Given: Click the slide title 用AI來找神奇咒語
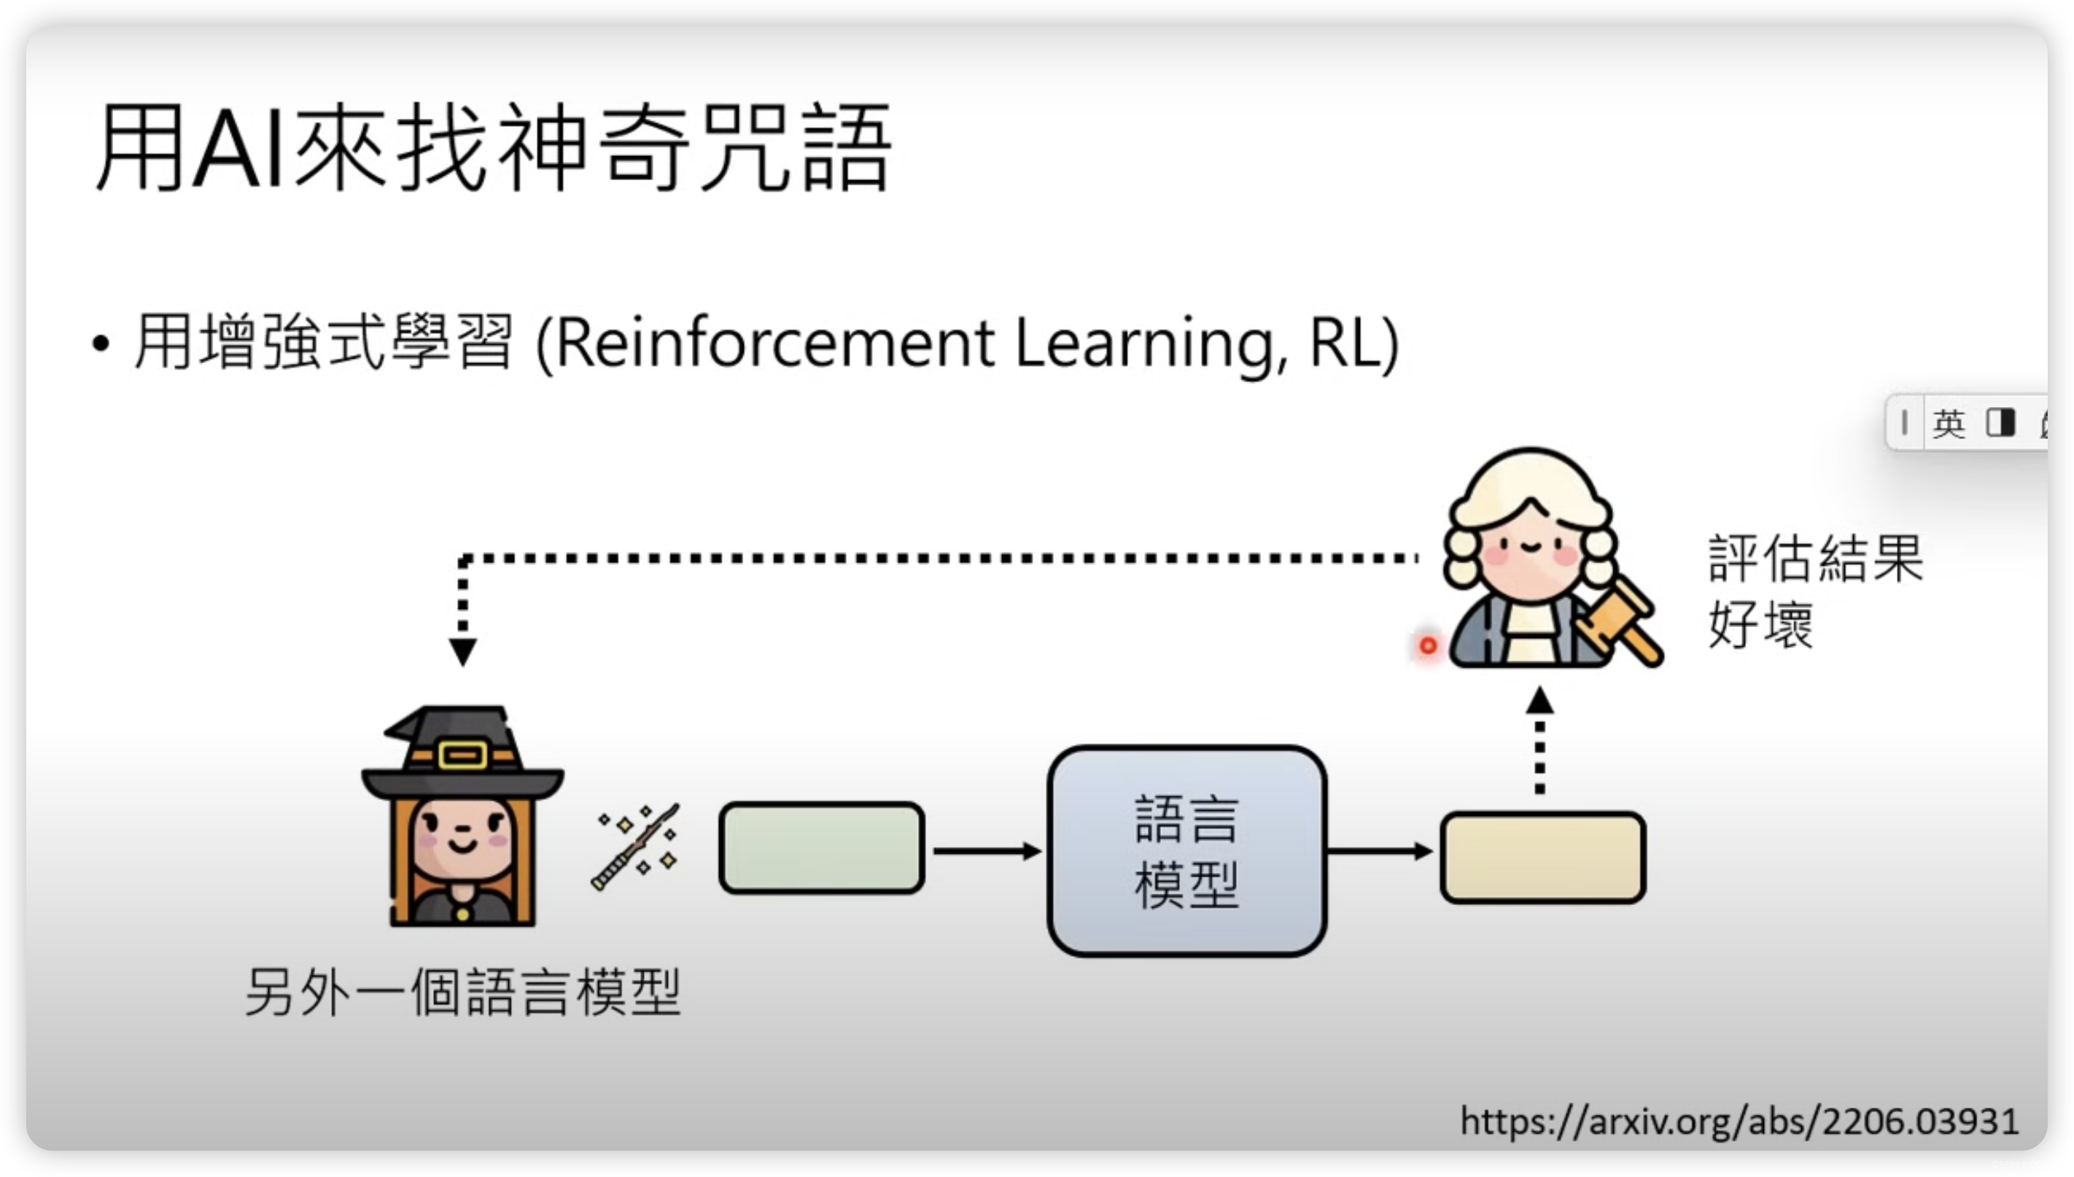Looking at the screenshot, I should (x=493, y=147).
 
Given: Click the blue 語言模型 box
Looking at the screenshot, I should (x=1186, y=850).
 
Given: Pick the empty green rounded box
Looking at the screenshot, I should (x=821, y=848).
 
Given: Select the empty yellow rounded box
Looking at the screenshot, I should (x=1542, y=857).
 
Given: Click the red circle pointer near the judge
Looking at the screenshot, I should (x=1428, y=646).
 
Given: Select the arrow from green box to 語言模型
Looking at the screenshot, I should (x=986, y=850).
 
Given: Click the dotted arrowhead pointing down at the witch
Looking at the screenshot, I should (x=462, y=650).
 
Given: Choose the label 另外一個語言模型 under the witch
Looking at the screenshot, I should (x=462, y=992).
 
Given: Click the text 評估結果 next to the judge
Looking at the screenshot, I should (x=1815, y=558).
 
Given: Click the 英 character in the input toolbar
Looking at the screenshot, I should (x=1948, y=423).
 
